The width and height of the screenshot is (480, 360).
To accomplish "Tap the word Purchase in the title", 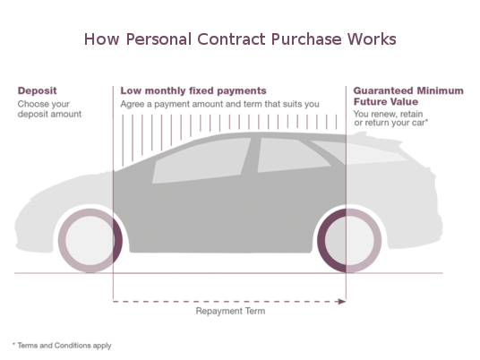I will point(300,40).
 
